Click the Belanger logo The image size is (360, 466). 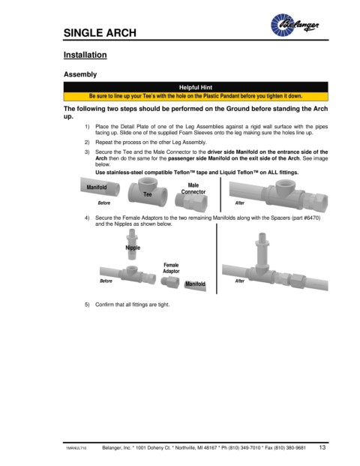[295, 25]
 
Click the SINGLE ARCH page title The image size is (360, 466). [100, 33]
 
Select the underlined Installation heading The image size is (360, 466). [85, 55]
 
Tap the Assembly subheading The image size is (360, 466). [80, 74]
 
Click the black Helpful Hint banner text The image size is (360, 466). [196, 87]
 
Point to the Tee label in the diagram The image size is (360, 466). [148, 194]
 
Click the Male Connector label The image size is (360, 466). [193, 188]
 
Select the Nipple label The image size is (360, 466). [133, 248]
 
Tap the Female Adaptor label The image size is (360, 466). [171, 268]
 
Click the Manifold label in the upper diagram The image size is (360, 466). [97, 188]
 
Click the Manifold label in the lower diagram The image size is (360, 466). [195, 284]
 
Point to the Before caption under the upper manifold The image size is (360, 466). [104, 203]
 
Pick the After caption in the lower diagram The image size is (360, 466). [240, 281]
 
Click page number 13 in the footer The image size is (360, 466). [322, 447]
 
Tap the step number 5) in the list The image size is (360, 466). [87, 305]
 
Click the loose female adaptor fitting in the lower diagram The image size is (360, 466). [170, 281]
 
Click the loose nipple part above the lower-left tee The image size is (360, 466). [132, 244]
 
